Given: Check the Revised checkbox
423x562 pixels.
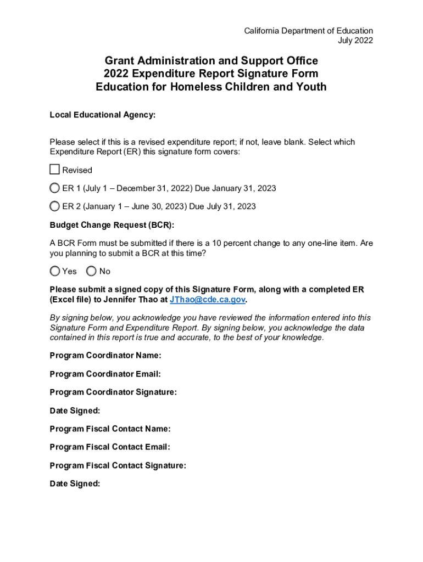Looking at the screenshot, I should [54, 170].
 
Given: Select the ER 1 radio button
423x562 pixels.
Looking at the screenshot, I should [54, 188].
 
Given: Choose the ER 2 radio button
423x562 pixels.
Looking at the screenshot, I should [54, 206].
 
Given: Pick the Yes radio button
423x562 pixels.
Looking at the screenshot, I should [55, 271].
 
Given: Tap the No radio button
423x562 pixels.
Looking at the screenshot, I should [91, 271].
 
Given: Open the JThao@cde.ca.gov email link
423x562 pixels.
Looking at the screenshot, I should [208, 300].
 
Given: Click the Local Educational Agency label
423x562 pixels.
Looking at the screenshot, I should [103, 115].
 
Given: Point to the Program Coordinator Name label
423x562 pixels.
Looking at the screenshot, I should [105, 356].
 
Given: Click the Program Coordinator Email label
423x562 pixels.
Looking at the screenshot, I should [105, 374].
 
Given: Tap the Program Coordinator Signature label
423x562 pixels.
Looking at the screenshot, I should [113, 392].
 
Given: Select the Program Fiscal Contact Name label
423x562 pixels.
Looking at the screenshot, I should [110, 429].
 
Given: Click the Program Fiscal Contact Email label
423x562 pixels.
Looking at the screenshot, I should [110, 447].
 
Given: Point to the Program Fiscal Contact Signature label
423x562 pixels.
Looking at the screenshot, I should [118, 465].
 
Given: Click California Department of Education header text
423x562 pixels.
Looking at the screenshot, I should [308, 31].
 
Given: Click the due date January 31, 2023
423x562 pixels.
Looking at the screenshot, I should [244, 188].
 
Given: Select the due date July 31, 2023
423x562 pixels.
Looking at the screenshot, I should [231, 206].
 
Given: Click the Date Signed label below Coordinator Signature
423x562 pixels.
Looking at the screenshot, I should [75, 411].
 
